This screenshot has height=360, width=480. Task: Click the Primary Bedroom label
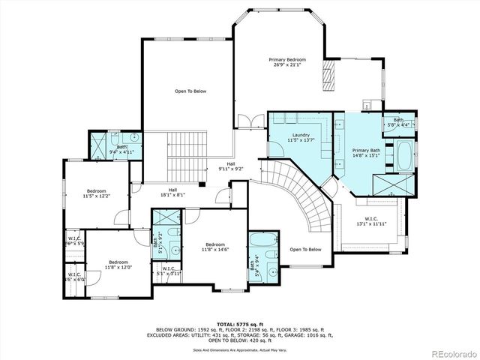pyautogui.click(x=288, y=61)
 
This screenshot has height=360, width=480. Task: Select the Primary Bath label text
pyautogui.click(x=366, y=153)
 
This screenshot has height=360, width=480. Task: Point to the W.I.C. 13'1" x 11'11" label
pyautogui.click(x=370, y=220)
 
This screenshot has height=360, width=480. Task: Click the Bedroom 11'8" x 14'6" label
pyautogui.click(x=215, y=247)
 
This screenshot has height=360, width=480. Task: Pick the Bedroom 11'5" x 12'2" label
pyautogui.click(x=96, y=193)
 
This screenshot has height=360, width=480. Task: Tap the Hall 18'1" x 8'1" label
pyautogui.click(x=172, y=192)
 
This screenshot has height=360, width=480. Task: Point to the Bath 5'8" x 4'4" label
pyautogui.click(x=397, y=122)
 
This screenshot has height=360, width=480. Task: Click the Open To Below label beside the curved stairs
pyautogui.click(x=305, y=250)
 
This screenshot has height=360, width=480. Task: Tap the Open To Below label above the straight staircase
pyautogui.click(x=190, y=91)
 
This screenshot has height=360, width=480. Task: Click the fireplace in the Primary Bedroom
pyautogui.click(x=328, y=75)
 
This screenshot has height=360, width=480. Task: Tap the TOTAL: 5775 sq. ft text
pyautogui.click(x=239, y=322)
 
